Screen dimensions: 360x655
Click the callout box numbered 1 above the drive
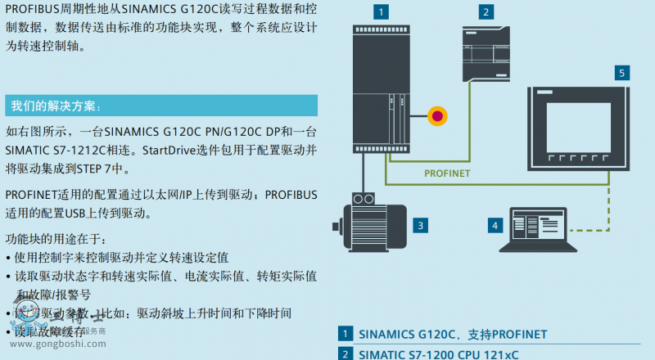click(378, 11)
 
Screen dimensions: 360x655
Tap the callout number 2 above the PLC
click(486, 11)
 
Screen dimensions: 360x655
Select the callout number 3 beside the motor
click(420, 224)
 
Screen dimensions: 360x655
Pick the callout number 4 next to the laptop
click(495, 224)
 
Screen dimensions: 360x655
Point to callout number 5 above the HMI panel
click(622, 73)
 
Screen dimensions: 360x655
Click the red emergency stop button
click(438, 115)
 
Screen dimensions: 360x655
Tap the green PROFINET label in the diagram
click(448, 173)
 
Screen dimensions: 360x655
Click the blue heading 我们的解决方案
click(57, 106)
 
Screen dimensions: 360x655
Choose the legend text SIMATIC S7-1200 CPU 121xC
click(439, 354)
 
